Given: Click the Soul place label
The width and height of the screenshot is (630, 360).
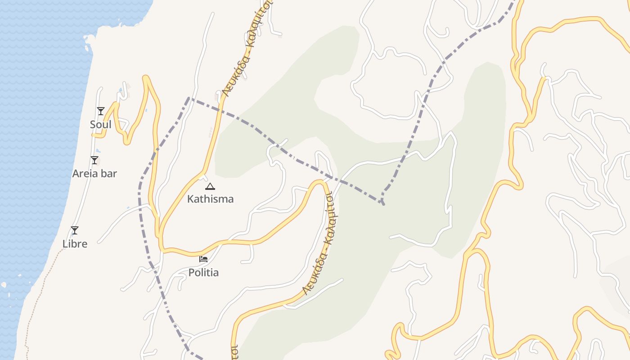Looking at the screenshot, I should tap(100, 124).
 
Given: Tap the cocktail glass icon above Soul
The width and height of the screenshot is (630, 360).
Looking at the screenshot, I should tap(100, 111).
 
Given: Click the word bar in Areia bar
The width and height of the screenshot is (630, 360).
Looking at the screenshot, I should tap(109, 173).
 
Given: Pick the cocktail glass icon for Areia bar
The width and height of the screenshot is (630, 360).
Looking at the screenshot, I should tap(94, 160).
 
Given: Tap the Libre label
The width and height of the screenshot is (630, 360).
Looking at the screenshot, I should tap(75, 244).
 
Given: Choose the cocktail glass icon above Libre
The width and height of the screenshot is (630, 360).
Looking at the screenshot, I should tap(75, 230).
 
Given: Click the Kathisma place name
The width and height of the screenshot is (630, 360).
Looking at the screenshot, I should tap(210, 199).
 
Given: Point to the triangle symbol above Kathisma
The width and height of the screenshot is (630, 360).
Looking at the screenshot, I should tap(210, 186).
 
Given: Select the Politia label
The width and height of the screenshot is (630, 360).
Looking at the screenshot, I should tap(203, 272).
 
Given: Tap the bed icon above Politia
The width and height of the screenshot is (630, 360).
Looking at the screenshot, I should tap(203, 259).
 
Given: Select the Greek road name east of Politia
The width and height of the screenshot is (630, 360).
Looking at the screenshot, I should tap(322, 243).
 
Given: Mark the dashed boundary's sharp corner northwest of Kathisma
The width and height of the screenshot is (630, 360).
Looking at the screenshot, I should tap(189, 98).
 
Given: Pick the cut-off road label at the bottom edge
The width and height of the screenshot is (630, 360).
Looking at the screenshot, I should tap(234, 353).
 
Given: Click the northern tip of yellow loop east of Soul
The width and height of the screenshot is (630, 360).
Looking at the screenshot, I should tap(145, 77).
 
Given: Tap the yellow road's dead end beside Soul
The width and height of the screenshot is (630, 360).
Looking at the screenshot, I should tap(93, 135).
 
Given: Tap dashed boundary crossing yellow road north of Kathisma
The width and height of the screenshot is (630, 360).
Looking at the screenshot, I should tap(220, 108).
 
